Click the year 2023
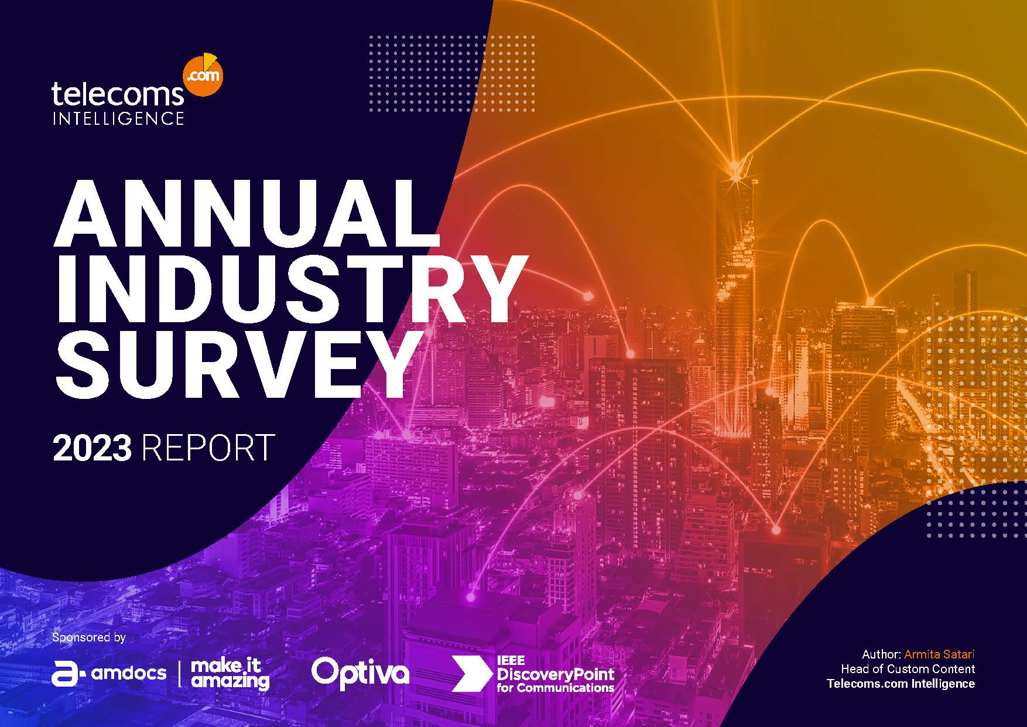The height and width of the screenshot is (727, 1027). tap(92, 448)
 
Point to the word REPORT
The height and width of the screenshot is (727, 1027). tap(208, 448)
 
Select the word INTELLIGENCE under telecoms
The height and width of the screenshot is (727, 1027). tap(118, 118)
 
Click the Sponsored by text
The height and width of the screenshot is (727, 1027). tap(88, 637)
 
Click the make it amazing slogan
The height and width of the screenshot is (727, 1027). tap(230, 674)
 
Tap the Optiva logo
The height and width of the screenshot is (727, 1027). tap(360, 672)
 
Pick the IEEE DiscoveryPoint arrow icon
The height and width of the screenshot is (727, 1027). tap(468, 673)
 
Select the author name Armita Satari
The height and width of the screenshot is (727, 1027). tap(939, 654)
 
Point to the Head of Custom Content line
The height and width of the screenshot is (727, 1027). tap(908, 669)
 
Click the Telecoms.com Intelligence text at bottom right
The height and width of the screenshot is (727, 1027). tap(901, 684)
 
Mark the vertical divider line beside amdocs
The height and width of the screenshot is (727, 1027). tap(179, 674)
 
